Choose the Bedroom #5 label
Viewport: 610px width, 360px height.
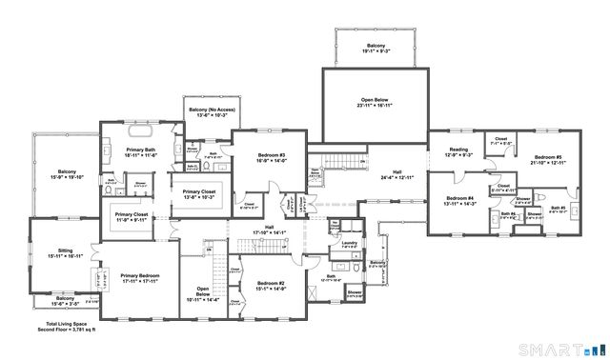click(x=547, y=159)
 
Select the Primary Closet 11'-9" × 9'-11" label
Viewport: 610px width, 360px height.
click(x=132, y=217)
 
